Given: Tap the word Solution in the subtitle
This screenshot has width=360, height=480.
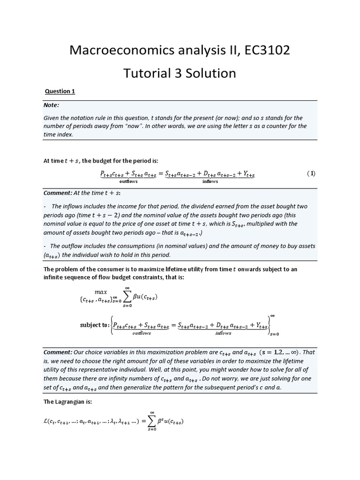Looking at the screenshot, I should coord(208,73).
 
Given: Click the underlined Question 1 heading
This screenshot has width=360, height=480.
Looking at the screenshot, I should coord(60,91).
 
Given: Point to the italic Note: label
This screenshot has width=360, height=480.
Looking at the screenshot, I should coord(52,105).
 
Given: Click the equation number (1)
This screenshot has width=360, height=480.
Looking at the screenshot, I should coord(311,173).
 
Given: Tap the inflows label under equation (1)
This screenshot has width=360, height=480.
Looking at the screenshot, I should coord(210,181).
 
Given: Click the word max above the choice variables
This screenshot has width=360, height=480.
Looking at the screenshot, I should coord(101,292).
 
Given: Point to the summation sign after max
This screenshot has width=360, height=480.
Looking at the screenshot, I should coord(127,298).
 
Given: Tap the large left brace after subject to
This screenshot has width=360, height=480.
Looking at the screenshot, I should coord(111,325).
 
